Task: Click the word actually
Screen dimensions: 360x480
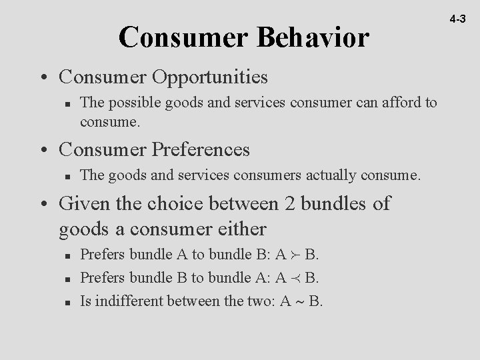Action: (332, 175)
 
